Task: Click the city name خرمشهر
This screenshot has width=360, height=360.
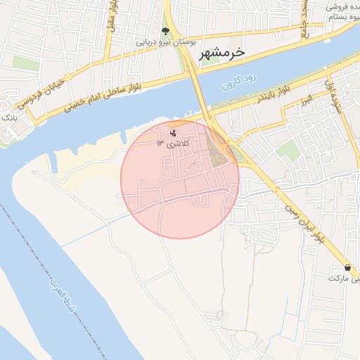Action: click(x=221, y=53)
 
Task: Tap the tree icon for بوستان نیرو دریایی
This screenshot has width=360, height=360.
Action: click(x=165, y=31)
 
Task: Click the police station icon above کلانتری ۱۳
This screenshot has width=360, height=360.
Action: click(x=174, y=132)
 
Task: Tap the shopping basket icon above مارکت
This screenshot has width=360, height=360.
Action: click(x=348, y=268)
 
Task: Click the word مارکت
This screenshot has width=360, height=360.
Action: click(x=345, y=278)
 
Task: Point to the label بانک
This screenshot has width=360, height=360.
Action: click(x=8, y=115)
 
